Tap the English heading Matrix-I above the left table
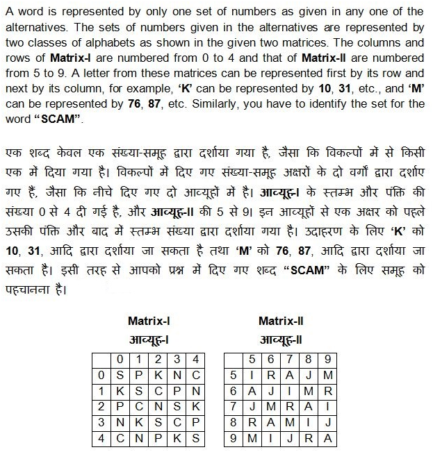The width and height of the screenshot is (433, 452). click(x=149, y=321)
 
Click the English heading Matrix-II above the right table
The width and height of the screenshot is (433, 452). click(x=280, y=321)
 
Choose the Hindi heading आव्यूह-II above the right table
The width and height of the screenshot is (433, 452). click(x=280, y=340)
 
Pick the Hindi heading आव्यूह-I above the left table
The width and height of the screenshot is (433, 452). click(x=149, y=340)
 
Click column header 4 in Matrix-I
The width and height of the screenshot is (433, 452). click(x=196, y=359)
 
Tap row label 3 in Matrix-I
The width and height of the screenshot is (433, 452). click(x=101, y=422)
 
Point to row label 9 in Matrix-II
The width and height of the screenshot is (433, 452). click(x=233, y=438)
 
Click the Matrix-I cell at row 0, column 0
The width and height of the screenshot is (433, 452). click(x=120, y=375)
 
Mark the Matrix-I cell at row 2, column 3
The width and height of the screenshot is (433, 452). click(x=177, y=407)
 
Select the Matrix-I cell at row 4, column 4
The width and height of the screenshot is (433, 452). click(x=196, y=438)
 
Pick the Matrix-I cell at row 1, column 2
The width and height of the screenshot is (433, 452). click(x=158, y=391)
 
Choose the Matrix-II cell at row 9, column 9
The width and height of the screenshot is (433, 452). click(x=327, y=438)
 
